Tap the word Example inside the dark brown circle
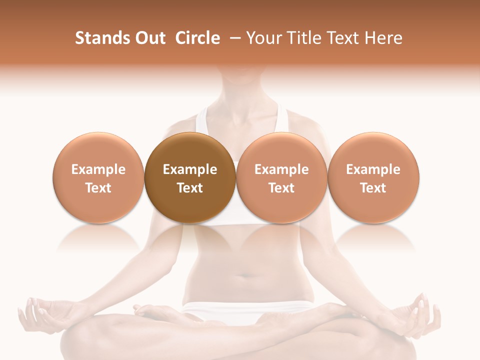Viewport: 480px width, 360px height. [190, 169]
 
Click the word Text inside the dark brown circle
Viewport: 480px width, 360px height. [190, 188]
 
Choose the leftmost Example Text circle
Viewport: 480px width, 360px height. [98, 177]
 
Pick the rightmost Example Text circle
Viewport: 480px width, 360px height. [373, 177]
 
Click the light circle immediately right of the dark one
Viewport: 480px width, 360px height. [281, 177]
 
